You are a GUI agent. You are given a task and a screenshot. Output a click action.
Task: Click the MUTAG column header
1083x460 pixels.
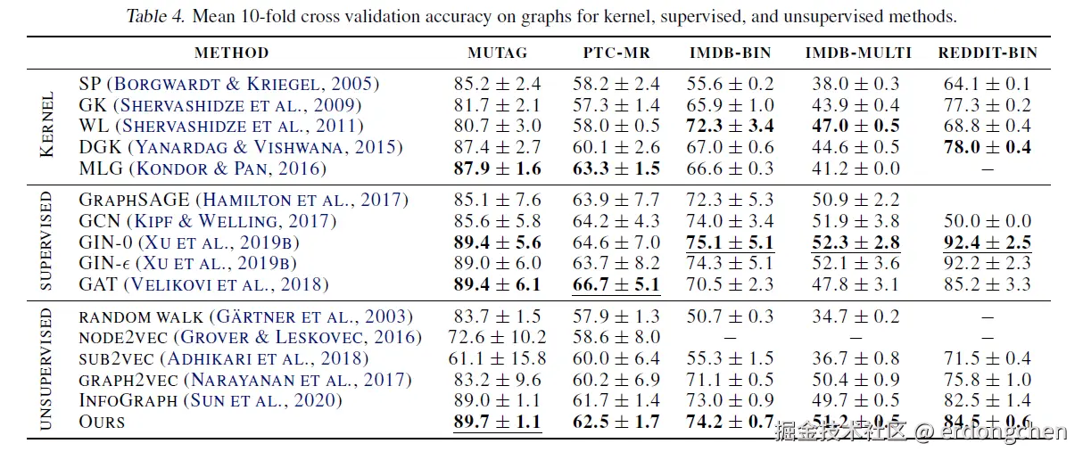pos(497,53)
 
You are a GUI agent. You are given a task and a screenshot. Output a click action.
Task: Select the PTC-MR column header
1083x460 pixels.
pos(616,53)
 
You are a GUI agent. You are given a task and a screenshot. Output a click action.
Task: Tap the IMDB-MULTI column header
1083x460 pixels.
pos(858,53)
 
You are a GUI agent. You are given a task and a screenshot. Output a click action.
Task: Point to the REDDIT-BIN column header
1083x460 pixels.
pos(988,53)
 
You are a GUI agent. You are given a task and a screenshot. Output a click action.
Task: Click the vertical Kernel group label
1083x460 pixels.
pos(47,126)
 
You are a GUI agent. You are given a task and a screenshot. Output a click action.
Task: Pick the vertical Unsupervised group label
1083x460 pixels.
pos(47,368)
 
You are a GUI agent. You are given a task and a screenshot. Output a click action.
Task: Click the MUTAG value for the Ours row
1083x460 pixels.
pos(497,422)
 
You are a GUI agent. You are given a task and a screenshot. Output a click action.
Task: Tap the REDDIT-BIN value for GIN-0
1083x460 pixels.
pos(987,242)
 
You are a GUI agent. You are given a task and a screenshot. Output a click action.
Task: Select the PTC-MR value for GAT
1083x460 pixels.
pos(616,285)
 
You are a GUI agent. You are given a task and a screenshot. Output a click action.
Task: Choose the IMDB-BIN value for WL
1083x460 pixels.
pos(732,126)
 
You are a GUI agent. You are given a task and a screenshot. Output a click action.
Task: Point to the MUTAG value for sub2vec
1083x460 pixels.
pos(497,358)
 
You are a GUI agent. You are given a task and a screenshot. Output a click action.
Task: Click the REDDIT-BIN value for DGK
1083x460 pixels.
pos(987,147)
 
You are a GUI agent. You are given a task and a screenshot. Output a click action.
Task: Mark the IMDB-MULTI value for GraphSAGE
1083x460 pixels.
pos(858,200)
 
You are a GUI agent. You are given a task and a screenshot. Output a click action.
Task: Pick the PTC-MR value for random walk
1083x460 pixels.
pos(616,316)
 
